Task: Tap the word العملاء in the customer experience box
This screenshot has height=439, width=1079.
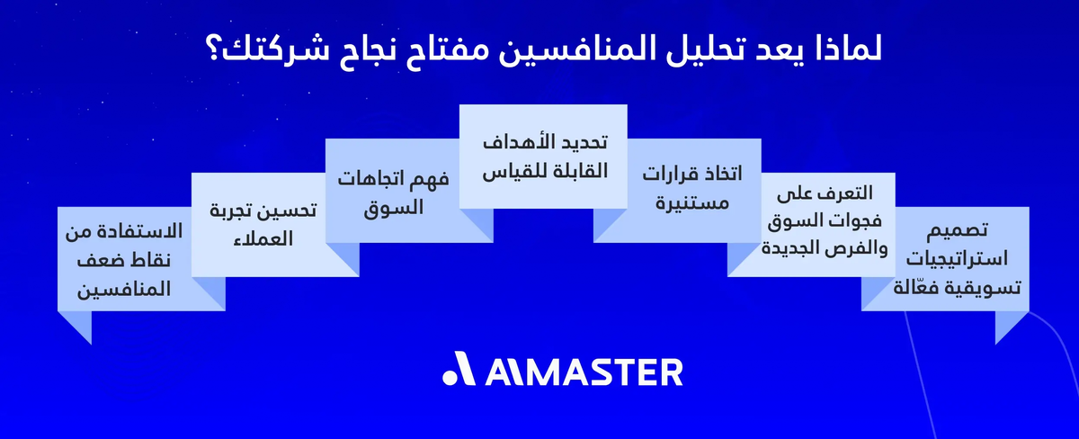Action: point(289,239)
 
